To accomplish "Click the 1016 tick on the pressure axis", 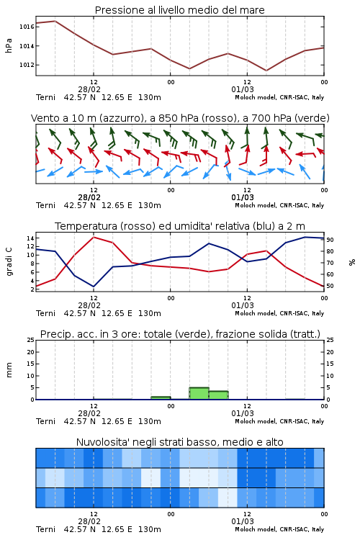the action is coord(27,27).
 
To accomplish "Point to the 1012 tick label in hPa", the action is coord(27,65).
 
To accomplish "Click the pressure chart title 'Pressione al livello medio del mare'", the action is coord(179,10).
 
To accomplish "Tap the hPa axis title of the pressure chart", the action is coord(9,45).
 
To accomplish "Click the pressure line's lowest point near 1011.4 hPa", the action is coord(266,71).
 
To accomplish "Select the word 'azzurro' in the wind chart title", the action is coord(120,118).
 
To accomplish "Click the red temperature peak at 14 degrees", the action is coord(94,237).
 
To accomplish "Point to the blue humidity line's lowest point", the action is coord(94,287).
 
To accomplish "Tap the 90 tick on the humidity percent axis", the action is coord(330,240).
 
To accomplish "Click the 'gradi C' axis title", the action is coord(9,261).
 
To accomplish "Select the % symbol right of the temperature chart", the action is coord(352,262).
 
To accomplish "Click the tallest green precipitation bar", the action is coord(199,393).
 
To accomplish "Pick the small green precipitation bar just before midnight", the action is coord(161,398).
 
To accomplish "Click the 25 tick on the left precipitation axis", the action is coord(31,340).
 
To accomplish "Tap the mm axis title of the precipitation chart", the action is coord(9,370).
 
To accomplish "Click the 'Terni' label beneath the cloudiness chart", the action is coord(45,529).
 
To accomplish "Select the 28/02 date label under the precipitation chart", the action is coord(89,413).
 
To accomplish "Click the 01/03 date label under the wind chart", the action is coord(243,197).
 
